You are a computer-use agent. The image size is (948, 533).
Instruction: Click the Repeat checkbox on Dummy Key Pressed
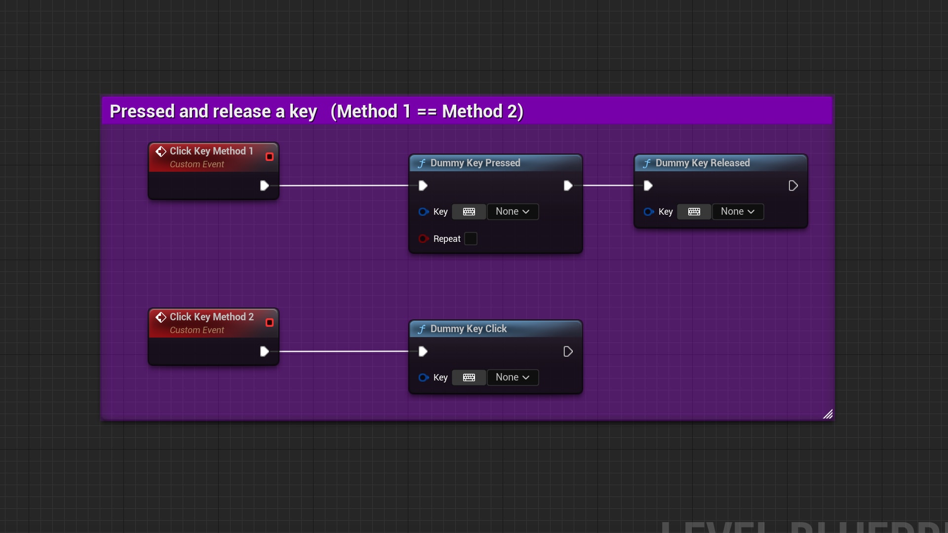tap(471, 239)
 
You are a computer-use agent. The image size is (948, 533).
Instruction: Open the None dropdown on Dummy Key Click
tap(513, 378)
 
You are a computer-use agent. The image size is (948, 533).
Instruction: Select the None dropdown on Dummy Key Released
tap(738, 212)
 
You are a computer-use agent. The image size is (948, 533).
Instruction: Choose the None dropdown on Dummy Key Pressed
tap(513, 212)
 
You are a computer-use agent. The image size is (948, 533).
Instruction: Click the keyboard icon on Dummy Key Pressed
tap(469, 212)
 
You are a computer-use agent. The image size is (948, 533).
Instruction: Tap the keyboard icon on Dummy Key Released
tap(694, 212)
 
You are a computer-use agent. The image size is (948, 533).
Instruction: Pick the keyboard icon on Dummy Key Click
tap(469, 378)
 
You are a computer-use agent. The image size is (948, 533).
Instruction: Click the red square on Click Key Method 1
tap(270, 157)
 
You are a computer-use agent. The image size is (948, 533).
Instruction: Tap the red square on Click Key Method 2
tap(270, 323)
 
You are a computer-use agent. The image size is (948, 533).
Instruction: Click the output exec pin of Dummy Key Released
tap(793, 186)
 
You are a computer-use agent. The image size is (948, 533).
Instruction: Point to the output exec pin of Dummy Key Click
tap(568, 351)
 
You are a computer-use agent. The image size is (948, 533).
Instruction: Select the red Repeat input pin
tap(423, 239)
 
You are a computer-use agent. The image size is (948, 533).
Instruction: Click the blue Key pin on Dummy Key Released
tap(648, 212)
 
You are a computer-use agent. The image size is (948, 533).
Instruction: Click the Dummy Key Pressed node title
tap(475, 163)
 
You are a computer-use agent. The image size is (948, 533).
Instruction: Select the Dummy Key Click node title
tap(468, 329)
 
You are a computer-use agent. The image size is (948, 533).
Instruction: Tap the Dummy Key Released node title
tap(702, 163)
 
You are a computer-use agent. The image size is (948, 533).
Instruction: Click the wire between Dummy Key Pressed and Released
tap(608, 186)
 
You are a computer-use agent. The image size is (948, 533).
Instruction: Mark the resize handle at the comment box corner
tap(828, 414)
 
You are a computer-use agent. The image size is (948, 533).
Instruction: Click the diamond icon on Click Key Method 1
tap(161, 151)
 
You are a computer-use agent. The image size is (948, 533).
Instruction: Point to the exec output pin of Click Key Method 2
tap(264, 351)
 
